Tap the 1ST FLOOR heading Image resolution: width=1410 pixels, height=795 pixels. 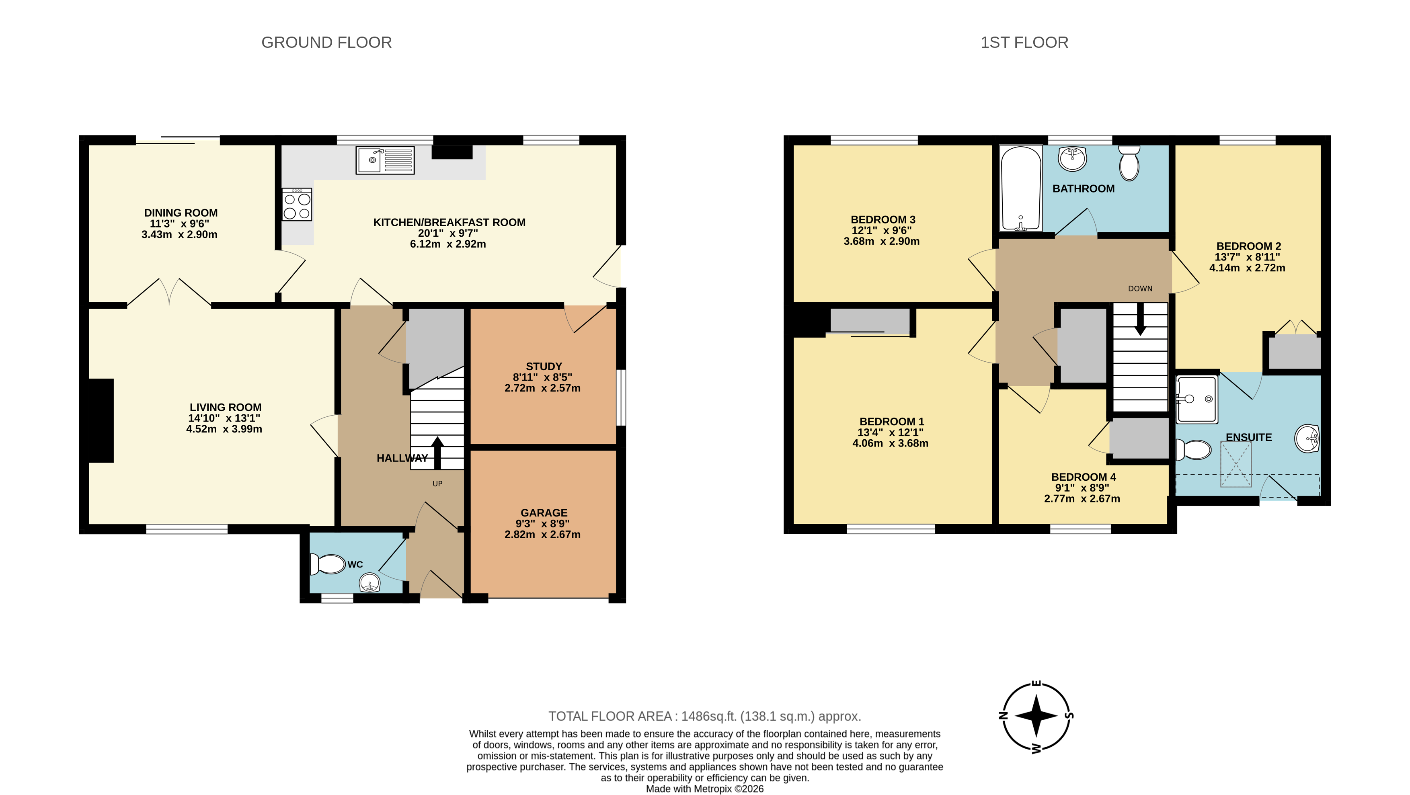[1024, 43]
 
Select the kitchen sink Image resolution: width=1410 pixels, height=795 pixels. [385, 160]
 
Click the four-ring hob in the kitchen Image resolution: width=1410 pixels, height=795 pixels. [297, 205]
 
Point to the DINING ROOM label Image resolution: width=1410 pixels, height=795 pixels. [181, 213]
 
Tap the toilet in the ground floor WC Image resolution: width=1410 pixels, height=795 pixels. [328, 564]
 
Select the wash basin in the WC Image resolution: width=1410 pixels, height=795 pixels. [370, 583]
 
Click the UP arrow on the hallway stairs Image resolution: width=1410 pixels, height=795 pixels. [437, 453]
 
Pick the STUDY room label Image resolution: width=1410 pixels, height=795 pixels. [544, 367]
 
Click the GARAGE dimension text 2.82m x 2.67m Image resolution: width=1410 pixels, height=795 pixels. [542, 535]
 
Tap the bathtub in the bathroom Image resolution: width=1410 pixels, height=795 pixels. [1021, 188]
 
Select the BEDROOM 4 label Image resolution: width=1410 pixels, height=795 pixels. [1083, 477]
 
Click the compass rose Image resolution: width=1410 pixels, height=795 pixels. [1036, 716]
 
